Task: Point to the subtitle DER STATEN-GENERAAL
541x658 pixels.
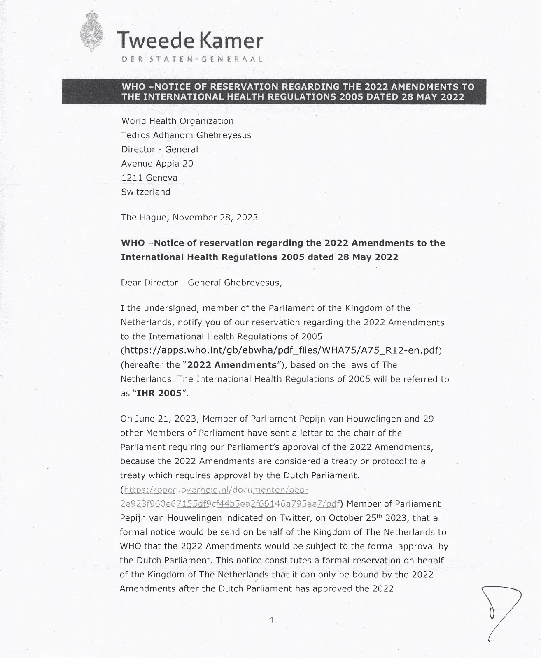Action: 192,59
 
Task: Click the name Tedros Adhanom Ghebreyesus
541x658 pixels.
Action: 186,135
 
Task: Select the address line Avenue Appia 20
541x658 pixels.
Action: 157,164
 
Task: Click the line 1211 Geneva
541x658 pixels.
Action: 149,178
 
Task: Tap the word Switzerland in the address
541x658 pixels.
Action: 145,192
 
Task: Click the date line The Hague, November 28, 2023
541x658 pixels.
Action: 189,217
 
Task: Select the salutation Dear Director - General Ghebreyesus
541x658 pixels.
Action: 201,283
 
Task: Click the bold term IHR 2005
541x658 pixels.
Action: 159,393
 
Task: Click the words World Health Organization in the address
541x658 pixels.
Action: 177,121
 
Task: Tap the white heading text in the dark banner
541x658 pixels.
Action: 297,92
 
